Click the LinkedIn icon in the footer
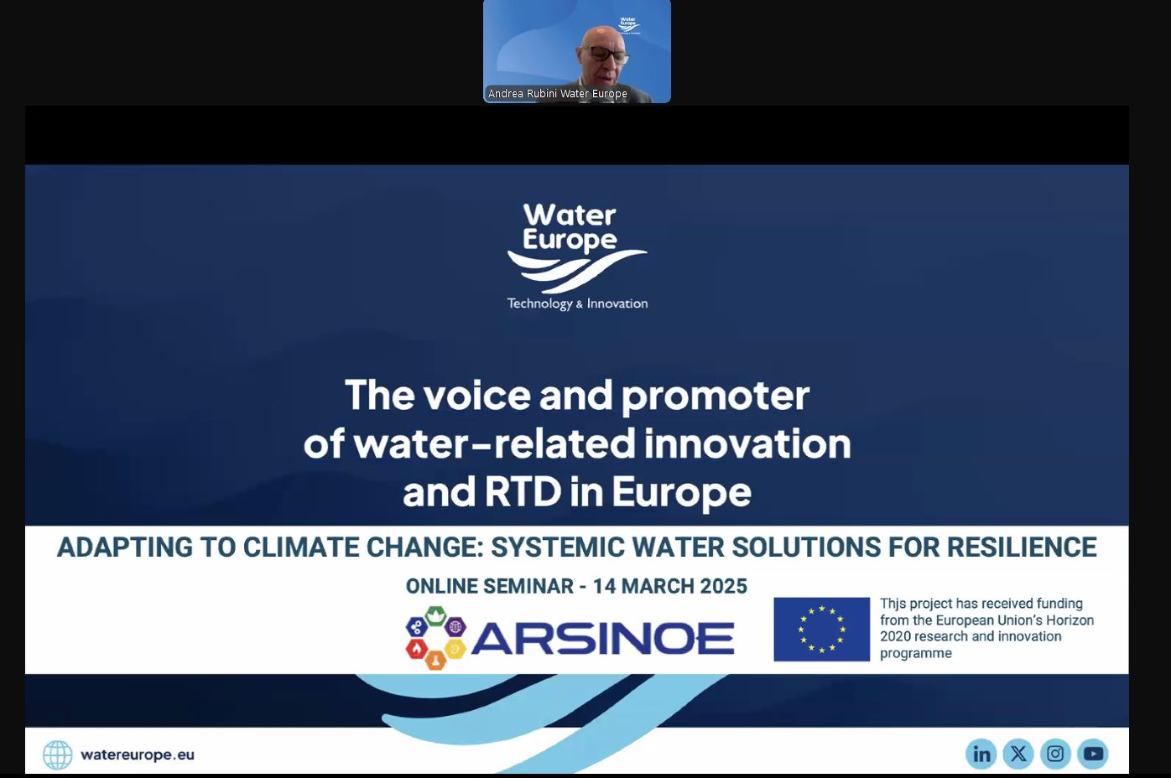[x=981, y=754]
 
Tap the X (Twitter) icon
[x=1017, y=754]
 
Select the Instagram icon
[x=1055, y=754]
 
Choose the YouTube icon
[x=1093, y=754]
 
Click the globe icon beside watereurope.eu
[x=58, y=755]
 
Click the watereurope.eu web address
[x=138, y=755]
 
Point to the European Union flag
[x=822, y=629]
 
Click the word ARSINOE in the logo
[x=603, y=638]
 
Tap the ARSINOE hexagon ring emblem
[x=435, y=637]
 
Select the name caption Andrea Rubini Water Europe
[x=557, y=94]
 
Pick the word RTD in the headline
[x=523, y=491]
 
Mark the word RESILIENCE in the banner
[x=1022, y=547]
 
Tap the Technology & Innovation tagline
[x=577, y=303]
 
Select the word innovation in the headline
[x=747, y=443]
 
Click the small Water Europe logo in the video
[x=627, y=25]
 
